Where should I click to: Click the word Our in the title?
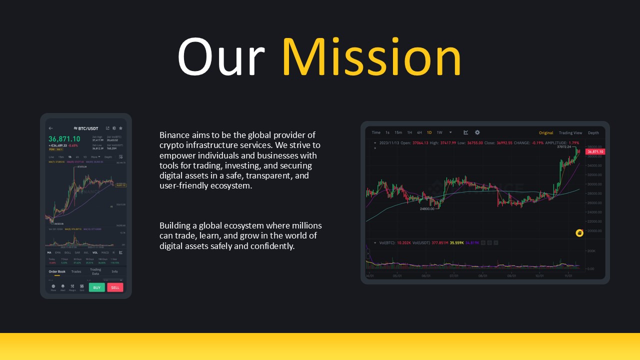pos(220,57)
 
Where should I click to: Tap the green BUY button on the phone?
pos(96,287)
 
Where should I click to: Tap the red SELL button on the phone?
pos(115,287)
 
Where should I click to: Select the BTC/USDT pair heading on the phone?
pos(86,128)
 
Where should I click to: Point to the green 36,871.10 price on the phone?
pos(64,138)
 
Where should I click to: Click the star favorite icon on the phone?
pos(120,128)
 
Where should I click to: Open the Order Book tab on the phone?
pos(57,271)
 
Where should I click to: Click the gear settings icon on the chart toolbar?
pos(477,132)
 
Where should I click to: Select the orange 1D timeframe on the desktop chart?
pos(429,132)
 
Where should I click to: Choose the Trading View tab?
pos(570,133)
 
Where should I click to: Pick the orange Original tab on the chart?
pos(545,133)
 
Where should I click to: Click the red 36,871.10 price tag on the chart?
pos(595,151)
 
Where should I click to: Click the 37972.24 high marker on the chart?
pos(563,147)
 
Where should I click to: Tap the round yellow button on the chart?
pos(579,233)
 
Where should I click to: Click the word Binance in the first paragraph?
pos(175,135)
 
